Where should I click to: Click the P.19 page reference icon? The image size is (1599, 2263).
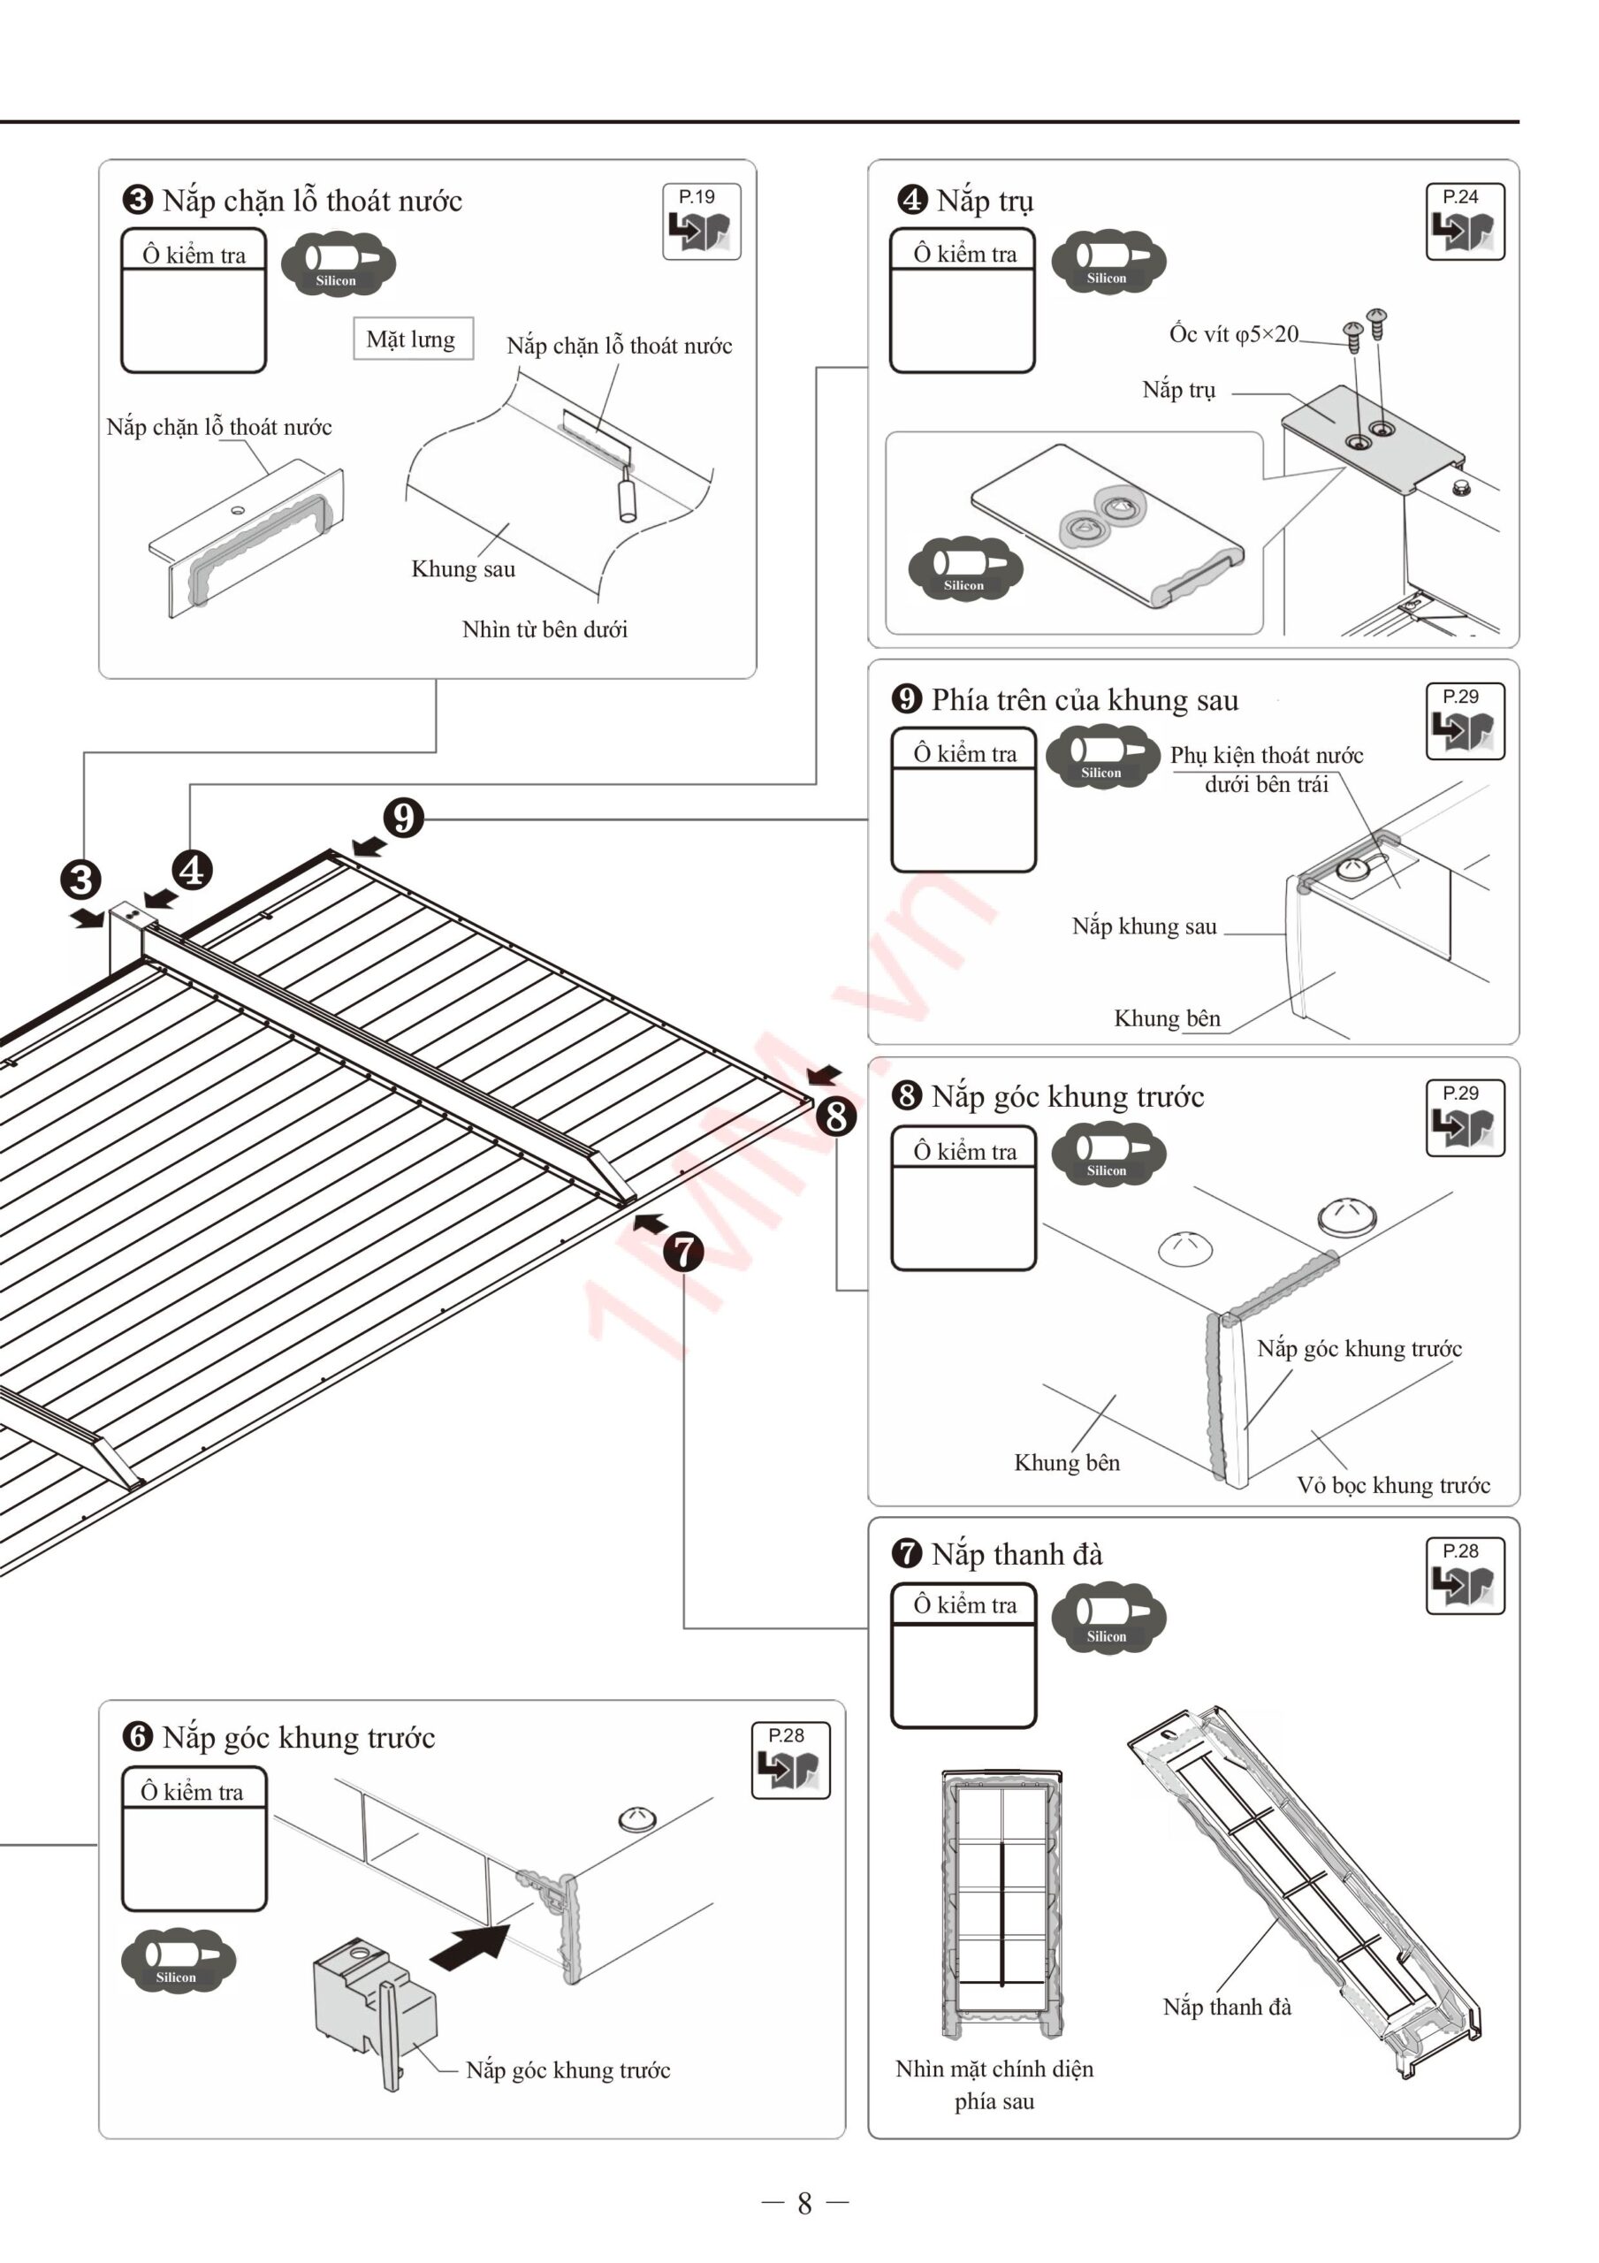tap(701, 222)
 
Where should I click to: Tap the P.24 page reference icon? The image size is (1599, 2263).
tap(1464, 222)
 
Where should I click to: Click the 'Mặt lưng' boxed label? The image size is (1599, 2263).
tap(412, 339)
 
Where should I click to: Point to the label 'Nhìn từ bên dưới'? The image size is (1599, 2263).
tap(544, 629)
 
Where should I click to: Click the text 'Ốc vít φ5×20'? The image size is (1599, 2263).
tap(1233, 334)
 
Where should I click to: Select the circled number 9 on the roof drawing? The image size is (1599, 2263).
tap(404, 818)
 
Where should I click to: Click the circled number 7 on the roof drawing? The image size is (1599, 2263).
tap(683, 1253)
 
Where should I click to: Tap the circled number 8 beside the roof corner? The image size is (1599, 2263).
tap(836, 1116)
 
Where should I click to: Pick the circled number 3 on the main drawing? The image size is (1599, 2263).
tap(80, 880)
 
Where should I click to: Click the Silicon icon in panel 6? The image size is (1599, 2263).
tap(178, 1960)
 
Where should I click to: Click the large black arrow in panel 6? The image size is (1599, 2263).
tap(470, 1947)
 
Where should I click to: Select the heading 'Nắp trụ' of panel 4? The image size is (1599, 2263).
tap(984, 200)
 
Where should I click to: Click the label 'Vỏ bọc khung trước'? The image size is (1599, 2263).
tap(1392, 1485)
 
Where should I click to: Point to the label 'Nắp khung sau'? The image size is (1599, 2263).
tap(1144, 926)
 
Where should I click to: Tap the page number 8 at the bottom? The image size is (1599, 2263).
tap(804, 2203)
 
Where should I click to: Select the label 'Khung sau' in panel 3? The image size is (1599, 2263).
tap(463, 569)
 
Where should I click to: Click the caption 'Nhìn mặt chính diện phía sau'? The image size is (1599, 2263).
tap(994, 2084)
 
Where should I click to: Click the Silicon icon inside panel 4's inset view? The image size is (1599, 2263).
tap(965, 569)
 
